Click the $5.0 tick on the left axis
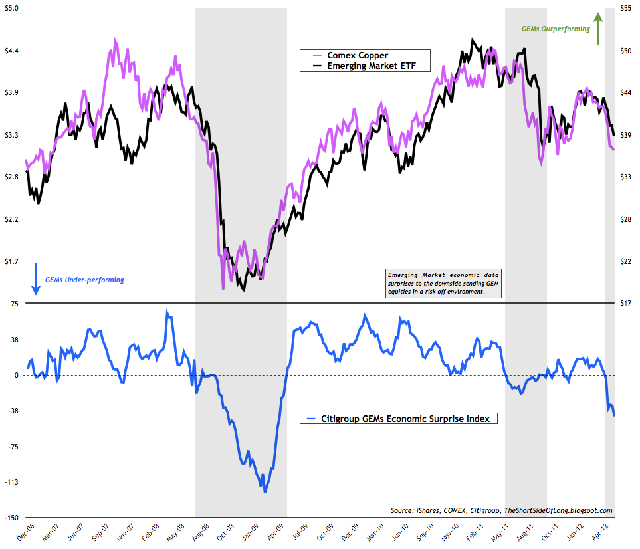[13, 8]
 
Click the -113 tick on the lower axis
[13, 482]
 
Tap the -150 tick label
[13, 517]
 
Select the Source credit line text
[502, 510]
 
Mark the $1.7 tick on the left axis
[13, 261]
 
